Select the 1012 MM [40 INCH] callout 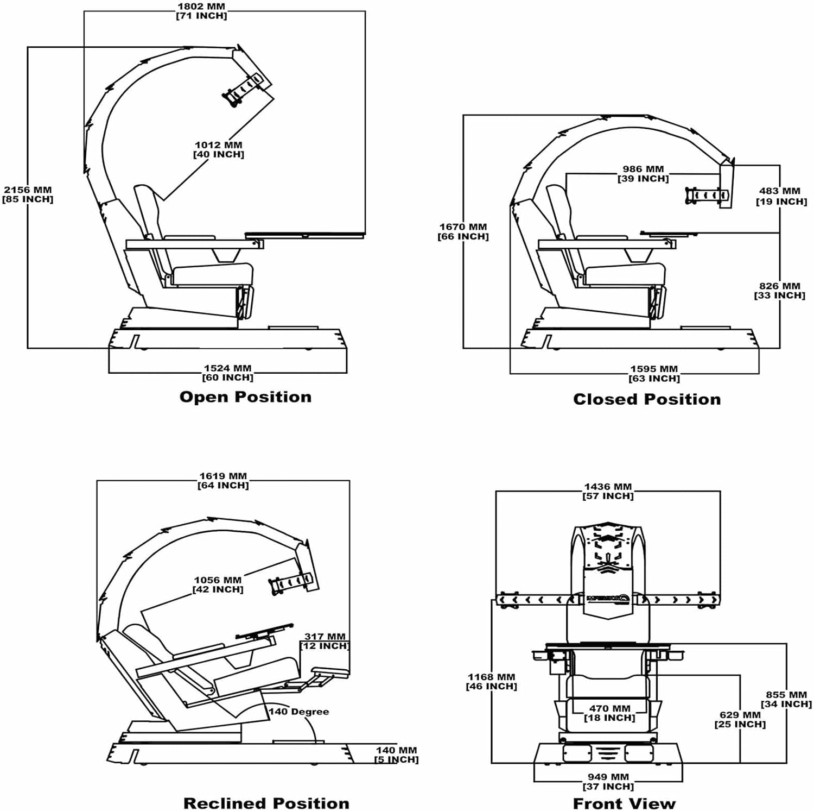pos(219,149)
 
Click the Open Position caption pos(245,397)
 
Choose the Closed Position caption pos(647,399)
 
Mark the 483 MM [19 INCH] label pos(781,196)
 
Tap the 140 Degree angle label pos(299,712)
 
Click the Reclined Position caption pos(266,803)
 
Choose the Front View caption pos(624,803)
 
